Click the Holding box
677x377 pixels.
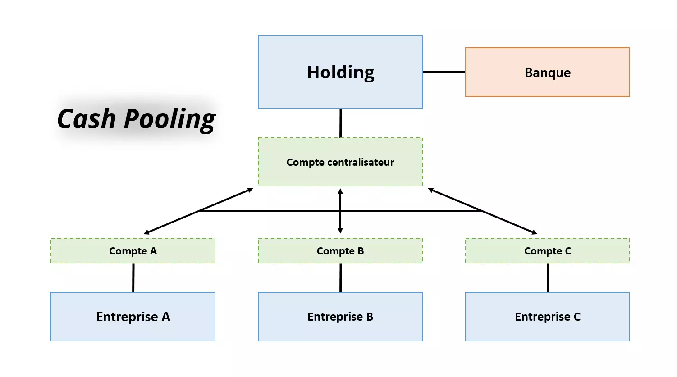(x=340, y=72)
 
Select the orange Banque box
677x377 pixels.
(x=547, y=72)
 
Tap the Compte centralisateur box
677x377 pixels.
(x=340, y=162)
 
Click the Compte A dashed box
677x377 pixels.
(x=133, y=251)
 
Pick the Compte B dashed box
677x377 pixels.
(x=340, y=251)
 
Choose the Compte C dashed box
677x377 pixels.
(x=547, y=251)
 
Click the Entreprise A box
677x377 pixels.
(x=133, y=317)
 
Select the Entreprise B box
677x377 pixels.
(x=340, y=317)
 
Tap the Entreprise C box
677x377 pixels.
(x=547, y=317)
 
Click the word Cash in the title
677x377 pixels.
(x=87, y=118)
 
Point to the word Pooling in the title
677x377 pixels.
(x=170, y=119)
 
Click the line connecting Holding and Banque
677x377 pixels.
(x=444, y=72)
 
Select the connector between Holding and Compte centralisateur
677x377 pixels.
(x=340, y=123)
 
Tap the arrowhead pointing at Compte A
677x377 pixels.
(x=146, y=232)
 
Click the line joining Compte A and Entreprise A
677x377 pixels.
(x=133, y=277)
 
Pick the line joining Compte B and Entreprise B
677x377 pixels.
(x=340, y=277)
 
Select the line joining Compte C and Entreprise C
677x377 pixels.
(x=548, y=277)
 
